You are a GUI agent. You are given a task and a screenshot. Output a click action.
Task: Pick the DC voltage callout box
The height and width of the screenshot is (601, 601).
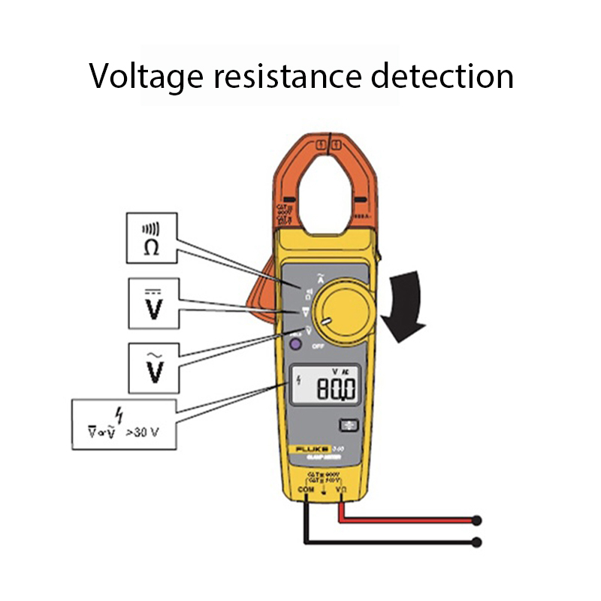pos(154,304)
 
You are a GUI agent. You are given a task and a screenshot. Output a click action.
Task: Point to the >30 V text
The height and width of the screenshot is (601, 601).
pos(144,432)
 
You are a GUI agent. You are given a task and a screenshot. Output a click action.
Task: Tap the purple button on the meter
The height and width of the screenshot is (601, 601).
pos(296,345)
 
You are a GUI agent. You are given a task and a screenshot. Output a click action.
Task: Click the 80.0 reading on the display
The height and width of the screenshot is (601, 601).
pos(334,390)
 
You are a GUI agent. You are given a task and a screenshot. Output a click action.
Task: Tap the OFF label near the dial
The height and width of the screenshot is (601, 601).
pos(318,346)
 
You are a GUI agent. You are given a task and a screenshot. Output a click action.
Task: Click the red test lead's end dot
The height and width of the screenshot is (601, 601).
pos(476,520)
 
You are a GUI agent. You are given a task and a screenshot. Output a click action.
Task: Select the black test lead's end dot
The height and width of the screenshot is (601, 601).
pos(476,541)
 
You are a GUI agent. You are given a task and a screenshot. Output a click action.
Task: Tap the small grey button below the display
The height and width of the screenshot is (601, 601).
pos(348,424)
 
